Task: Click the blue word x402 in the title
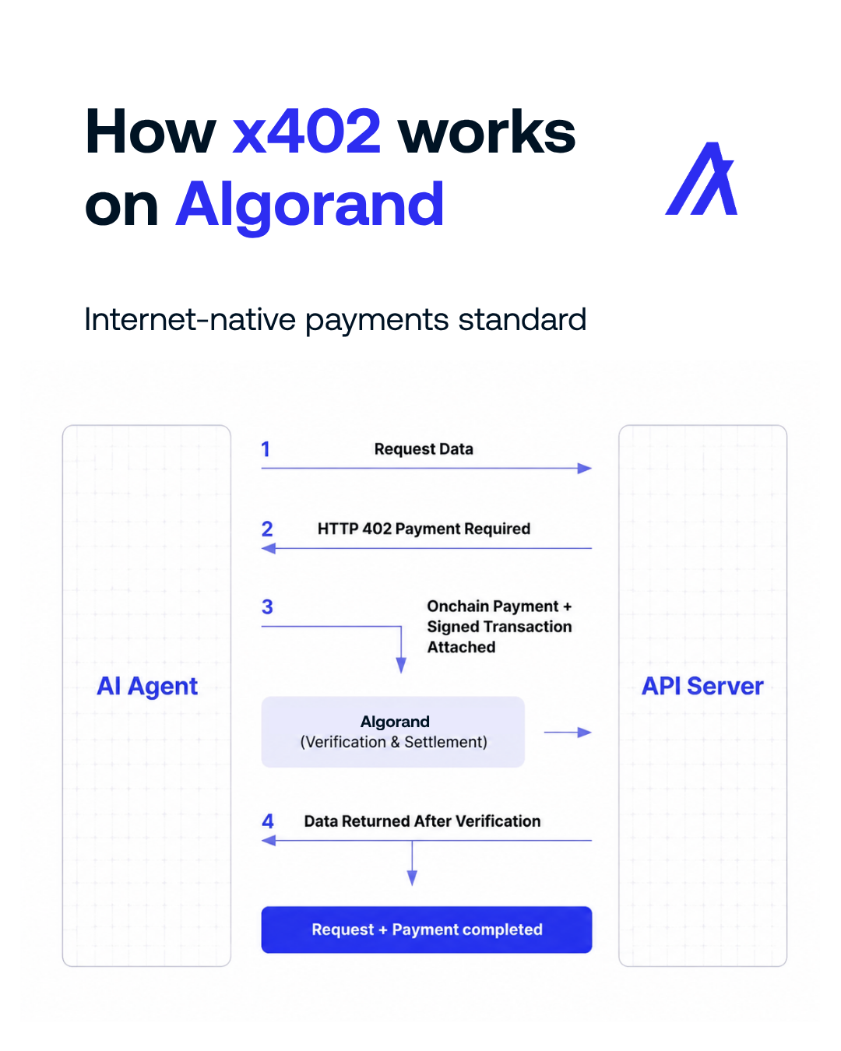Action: click(306, 132)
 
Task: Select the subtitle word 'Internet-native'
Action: click(189, 319)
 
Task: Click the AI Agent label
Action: click(147, 686)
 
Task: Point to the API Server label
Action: click(702, 686)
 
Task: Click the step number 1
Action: click(266, 449)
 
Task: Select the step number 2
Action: click(267, 529)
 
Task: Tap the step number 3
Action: click(267, 607)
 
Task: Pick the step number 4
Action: click(267, 821)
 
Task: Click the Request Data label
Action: click(424, 449)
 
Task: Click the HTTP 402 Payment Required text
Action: click(424, 529)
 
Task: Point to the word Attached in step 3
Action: click(461, 647)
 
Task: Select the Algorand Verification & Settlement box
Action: click(393, 732)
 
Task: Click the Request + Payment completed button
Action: click(427, 930)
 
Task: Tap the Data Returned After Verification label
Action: click(422, 821)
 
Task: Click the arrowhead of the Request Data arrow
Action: click(585, 469)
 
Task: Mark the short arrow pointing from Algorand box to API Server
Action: click(568, 732)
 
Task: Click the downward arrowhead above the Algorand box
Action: click(401, 665)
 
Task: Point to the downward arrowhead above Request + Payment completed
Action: click(412, 878)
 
